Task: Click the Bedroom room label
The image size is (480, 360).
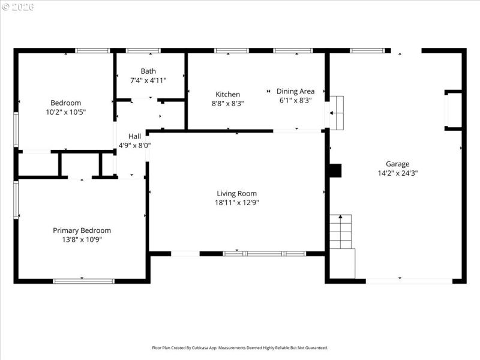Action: pyautogui.click(x=65, y=103)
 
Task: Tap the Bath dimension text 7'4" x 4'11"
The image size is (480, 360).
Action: pyautogui.click(x=148, y=80)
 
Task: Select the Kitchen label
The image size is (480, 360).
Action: pyautogui.click(x=228, y=94)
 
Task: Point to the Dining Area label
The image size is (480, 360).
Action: pyautogui.click(x=295, y=91)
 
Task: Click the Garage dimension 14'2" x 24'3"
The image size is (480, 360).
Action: pyautogui.click(x=397, y=173)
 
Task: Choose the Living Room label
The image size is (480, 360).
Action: pyautogui.click(x=236, y=193)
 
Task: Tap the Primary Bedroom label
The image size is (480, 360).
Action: pyautogui.click(x=82, y=230)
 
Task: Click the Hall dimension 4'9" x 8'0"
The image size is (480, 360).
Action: pyautogui.click(x=134, y=145)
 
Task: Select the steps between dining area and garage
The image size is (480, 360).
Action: pyautogui.click(x=337, y=112)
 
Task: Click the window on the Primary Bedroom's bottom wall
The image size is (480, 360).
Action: pyautogui.click(x=83, y=280)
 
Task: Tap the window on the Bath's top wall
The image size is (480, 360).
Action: pyautogui.click(x=143, y=50)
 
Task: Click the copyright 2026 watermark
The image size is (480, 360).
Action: pyautogui.click(x=18, y=7)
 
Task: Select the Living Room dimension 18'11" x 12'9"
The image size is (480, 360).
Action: pyautogui.click(x=236, y=203)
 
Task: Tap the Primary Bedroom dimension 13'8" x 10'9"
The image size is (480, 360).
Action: pyautogui.click(x=82, y=240)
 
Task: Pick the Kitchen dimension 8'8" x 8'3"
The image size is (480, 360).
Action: pyautogui.click(x=228, y=103)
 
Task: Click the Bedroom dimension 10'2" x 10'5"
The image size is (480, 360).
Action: pyautogui.click(x=65, y=112)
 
